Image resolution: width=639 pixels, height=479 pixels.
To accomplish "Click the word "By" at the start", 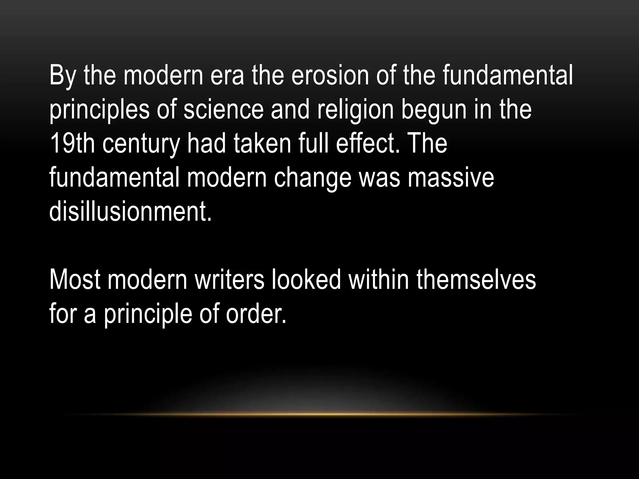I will [x=62, y=76].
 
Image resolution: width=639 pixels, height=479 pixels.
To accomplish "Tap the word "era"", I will [x=227, y=76].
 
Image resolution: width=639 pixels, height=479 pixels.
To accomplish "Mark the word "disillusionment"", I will [x=130, y=212].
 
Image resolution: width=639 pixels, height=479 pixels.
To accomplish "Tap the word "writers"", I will [x=229, y=280].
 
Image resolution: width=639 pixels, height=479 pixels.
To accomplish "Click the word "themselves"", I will [x=476, y=280].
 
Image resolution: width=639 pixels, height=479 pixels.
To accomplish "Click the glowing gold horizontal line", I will [x=319, y=414].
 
